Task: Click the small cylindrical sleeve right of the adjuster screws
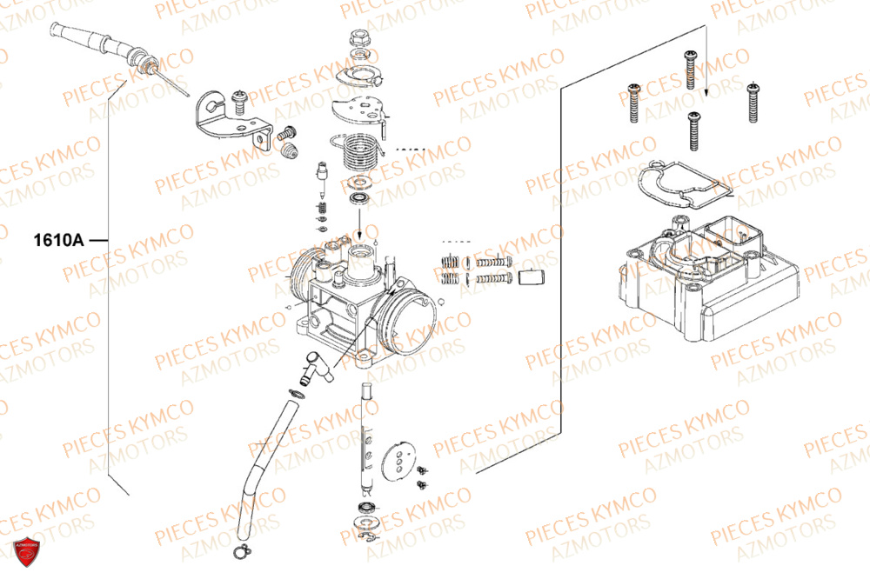click(x=531, y=278)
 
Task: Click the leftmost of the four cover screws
click(x=633, y=102)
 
